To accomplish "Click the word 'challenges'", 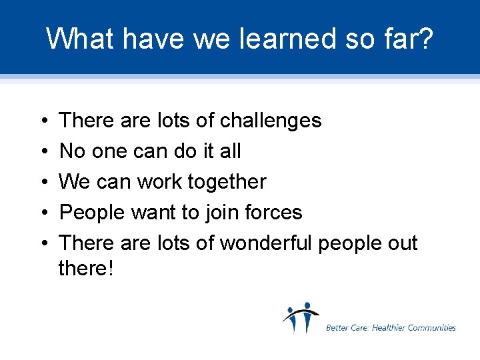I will pyautogui.click(x=271, y=121).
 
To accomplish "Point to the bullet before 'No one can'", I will pyautogui.click(x=43, y=152).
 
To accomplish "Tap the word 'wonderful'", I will pyautogui.click(x=266, y=243).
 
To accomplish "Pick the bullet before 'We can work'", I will pyautogui.click(x=43, y=183).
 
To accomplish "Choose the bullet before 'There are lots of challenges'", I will pyautogui.click(x=43, y=121).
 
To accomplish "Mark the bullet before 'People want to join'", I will pyautogui.click(x=43, y=213).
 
